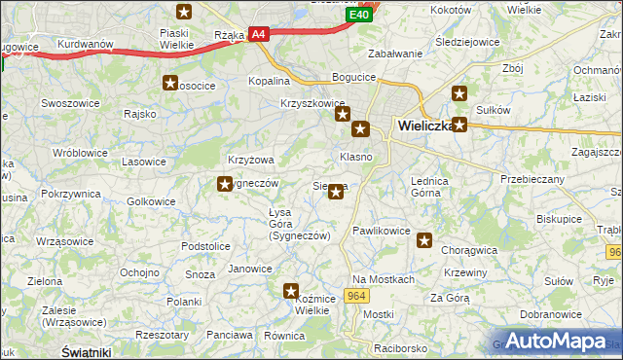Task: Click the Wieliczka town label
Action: point(426,126)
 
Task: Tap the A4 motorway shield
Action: point(257,34)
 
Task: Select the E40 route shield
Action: point(358,15)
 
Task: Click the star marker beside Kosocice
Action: point(171,85)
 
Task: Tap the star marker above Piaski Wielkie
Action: point(185,12)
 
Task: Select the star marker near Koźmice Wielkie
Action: point(291,290)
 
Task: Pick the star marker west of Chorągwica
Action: point(424,240)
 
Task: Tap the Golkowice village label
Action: point(152,201)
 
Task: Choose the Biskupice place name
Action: point(558,219)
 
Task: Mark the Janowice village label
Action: point(249,269)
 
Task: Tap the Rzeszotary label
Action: point(162,334)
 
